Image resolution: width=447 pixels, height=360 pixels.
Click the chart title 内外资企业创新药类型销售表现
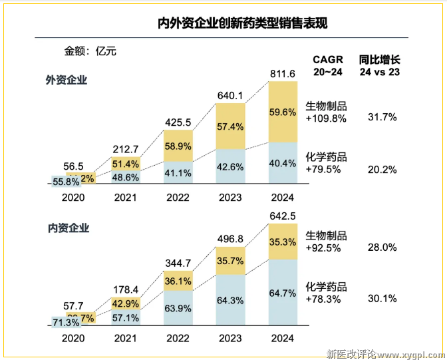pyautogui.click(x=242, y=25)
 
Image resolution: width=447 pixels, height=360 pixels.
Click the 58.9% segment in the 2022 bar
pyautogui.click(x=178, y=146)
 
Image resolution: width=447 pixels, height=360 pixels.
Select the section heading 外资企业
pyautogui.click(x=67, y=80)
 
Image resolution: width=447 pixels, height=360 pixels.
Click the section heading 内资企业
pyautogui.click(x=67, y=228)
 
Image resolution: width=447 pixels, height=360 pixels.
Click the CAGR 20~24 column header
pyautogui.click(x=329, y=65)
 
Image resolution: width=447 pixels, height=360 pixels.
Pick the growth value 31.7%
pyautogui.click(x=382, y=117)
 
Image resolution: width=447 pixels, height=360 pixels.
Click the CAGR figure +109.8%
pyautogui.click(x=326, y=118)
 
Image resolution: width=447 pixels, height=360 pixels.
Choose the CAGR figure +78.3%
pyautogui.click(x=324, y=300)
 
